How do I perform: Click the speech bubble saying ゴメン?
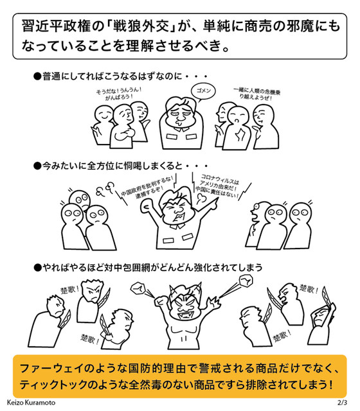[x=203, y=91]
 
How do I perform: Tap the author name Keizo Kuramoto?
[x=31, y=403]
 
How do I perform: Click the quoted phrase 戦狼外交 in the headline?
[x=141, y=27]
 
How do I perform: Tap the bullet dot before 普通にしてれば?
[x=37, y=76]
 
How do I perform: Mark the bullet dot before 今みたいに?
[x=37, y=166]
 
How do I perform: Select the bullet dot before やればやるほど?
[x=37, y=268]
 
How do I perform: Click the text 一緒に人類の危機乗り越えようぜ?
[x=256, y=94]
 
